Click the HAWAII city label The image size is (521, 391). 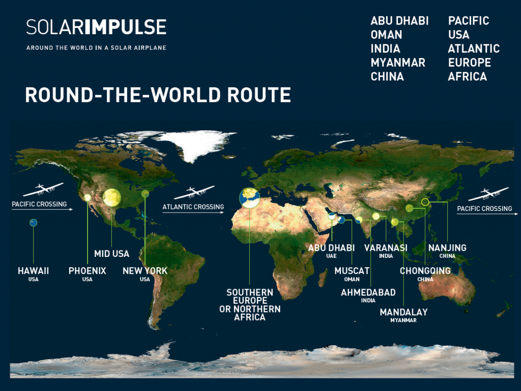tap(34, 271)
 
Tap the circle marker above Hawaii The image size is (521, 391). tap(34, 222)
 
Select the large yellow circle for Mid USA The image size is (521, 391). tap(111, 197)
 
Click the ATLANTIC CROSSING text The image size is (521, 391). tap(193, 207)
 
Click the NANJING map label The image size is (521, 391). tap(447, 248)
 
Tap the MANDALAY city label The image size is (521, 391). tap(403, 312)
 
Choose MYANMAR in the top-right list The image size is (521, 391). tap(398, 63)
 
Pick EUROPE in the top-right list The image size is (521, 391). tap(469, 63)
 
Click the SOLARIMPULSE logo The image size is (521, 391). tap(96, 27)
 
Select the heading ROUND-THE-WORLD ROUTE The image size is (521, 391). tap(158, 95)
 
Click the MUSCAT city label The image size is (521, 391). tap(352, 271)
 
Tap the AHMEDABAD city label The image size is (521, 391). tap(368, 292)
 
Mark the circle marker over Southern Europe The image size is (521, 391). tap(249, 198)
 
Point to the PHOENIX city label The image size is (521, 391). tap(88, 271)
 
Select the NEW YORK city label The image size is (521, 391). tap(145, 271)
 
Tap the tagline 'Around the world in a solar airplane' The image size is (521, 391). tap(96, 48)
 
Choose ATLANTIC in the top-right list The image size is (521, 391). tap(474, 49)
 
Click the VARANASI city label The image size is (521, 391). tap(386, 248)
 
